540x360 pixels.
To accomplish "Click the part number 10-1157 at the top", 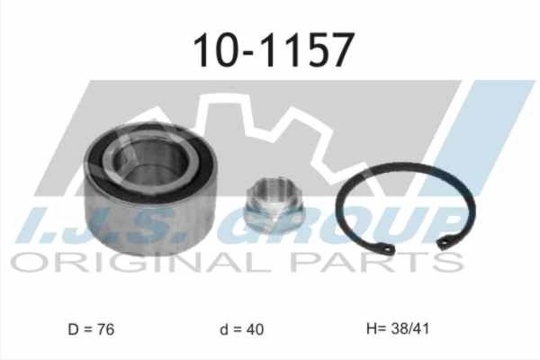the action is pyautogui.click(x=274, y=49).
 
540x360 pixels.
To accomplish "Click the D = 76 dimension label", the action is pyautogui.click(x=91, y=329).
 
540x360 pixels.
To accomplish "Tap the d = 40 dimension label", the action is pyautogui.click(x=242, y=329).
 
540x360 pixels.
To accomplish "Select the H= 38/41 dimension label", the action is pyautogui.click(x=398, y=328).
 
